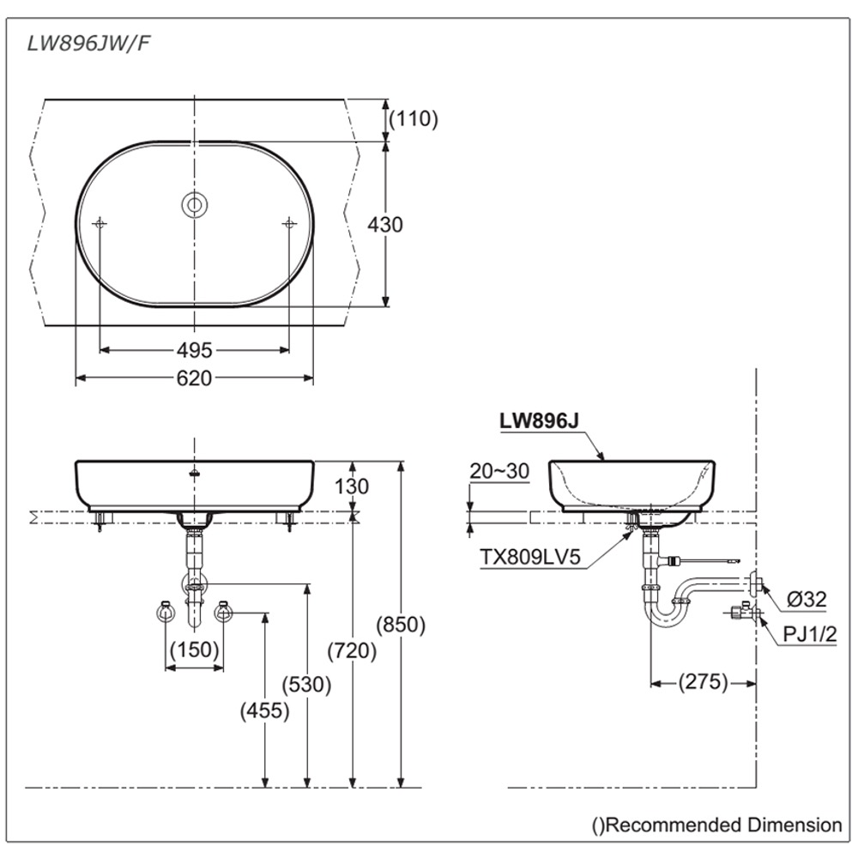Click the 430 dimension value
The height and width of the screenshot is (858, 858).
pos(384,225)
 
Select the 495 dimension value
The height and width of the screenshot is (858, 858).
pos(195,350)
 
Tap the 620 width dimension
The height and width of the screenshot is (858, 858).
pos(194,378)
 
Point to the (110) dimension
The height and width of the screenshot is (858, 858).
pos(414,119)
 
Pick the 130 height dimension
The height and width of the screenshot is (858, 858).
pos(352,486)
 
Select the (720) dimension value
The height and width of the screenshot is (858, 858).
pos(352,651)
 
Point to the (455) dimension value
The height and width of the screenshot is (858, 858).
pos(265,710)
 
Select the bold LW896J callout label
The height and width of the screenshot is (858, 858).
pos(535,420)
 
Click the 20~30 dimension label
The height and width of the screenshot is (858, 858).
pos(499,471)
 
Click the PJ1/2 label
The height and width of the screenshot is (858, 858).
pos(808,634)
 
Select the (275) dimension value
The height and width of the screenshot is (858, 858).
pos(703,683)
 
